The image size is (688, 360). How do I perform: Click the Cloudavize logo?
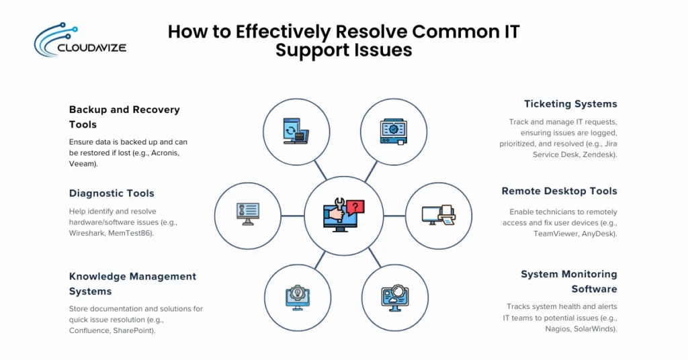79,40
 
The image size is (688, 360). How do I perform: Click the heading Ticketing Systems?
570,104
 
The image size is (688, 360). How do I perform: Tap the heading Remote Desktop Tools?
559,191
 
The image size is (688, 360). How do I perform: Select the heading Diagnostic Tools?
112,193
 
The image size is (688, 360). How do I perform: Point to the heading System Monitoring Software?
568,281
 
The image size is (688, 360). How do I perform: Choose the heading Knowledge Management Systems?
132,283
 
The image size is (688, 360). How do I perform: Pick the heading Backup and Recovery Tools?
124,117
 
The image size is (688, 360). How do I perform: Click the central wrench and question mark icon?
343,215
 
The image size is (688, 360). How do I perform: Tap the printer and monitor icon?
439,215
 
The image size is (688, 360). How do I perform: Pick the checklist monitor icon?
247,215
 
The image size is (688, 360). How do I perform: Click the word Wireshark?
90,233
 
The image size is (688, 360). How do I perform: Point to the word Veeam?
83,163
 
